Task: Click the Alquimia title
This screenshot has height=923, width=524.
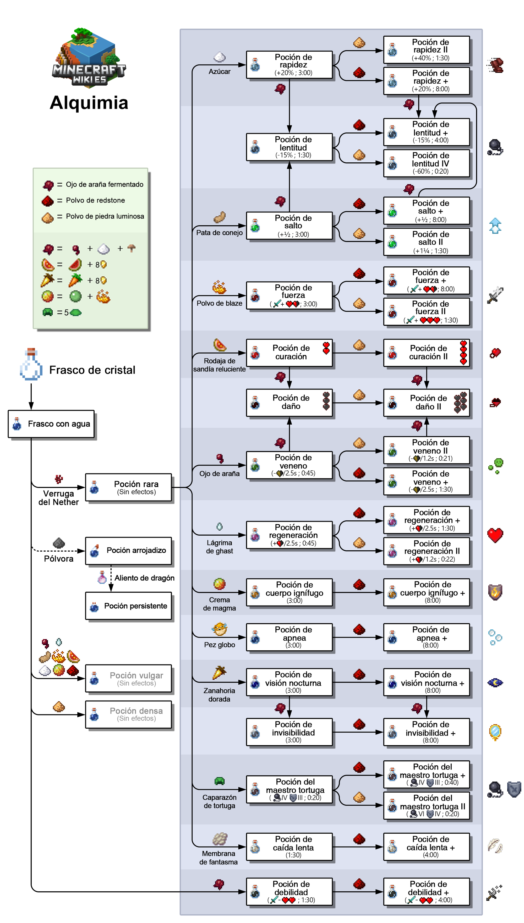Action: [89, 103]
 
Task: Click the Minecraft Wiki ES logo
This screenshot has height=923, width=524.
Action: [89, 57]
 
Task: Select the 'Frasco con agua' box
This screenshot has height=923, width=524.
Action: [51, 424]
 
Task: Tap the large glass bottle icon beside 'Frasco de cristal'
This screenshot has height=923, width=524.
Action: [31, 364]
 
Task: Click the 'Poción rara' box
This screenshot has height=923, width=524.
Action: [128, 487]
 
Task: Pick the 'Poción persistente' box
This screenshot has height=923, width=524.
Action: [128, 606]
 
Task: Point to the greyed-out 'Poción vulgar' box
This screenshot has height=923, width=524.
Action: [128, 678]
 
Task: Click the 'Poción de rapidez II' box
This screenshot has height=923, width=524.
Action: [427, 50]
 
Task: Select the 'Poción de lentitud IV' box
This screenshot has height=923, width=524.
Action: [427, 163]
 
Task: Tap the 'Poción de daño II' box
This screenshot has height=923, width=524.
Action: [427, 403]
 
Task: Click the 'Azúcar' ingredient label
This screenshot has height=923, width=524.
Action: [220, 72]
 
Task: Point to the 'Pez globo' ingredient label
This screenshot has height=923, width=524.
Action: [220, 645]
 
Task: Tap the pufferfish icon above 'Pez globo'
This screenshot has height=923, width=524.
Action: [219, 629]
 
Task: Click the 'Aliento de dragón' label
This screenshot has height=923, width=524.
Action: [145, 578]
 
